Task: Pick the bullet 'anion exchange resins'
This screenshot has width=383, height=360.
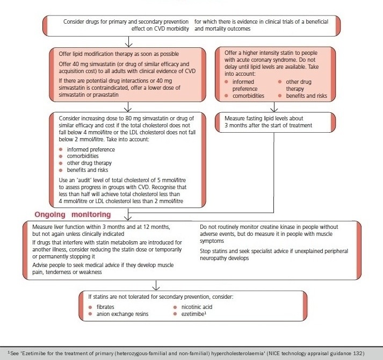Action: point(123,314)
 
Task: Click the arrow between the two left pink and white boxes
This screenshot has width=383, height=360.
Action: point(128,107)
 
